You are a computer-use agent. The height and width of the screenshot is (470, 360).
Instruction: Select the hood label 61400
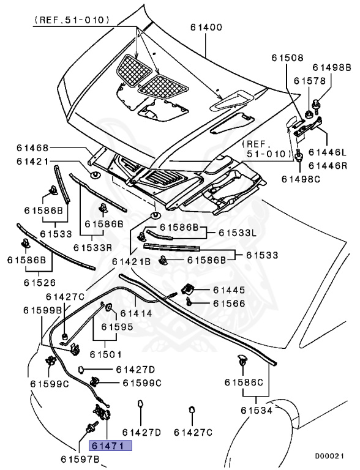(206, 28)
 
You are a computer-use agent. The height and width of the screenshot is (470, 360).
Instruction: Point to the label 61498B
(332, 67)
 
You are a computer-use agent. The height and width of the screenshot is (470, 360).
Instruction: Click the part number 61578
(308, 80)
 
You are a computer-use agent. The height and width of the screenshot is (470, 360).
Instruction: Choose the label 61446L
(327, 152)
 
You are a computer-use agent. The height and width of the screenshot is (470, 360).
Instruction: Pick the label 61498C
(301, 178)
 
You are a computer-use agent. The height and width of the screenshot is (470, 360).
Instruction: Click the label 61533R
(92, 247)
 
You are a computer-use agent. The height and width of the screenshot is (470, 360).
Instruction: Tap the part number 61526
(40, 282)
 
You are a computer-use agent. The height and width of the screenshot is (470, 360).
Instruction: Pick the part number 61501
(105, 354)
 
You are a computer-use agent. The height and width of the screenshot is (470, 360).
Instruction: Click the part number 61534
(256, 410)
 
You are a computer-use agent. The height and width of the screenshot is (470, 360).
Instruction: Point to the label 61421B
(131, 261)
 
